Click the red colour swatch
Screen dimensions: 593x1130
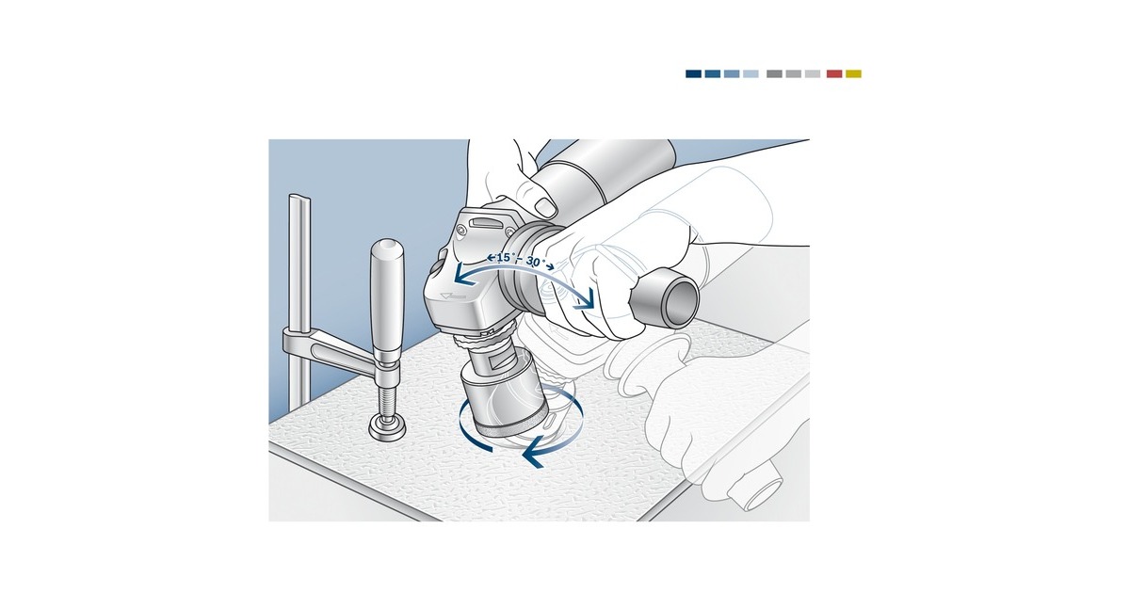click(x=834, y=73)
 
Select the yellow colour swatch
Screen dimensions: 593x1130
click(x=853, y=73)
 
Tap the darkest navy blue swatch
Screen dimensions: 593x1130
click(x=693, y=73)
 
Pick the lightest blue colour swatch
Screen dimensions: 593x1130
click(x=751, y=73)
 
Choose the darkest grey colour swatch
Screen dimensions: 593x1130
click(x=774, y=73)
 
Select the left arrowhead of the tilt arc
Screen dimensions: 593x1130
click(x=457, y=275)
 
